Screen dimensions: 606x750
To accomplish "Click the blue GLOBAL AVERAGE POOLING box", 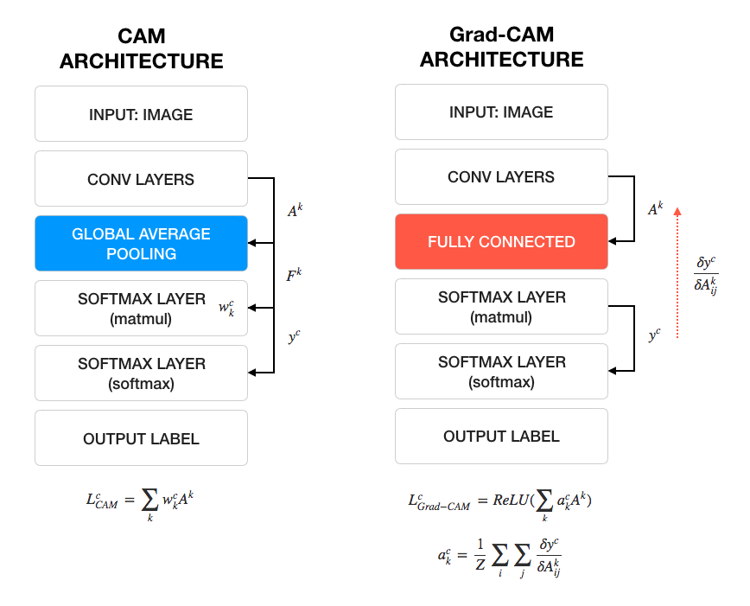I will pos(141,244).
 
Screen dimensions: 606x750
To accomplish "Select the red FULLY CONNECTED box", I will pos(501,242).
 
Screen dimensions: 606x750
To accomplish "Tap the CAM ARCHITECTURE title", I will pos(141,49).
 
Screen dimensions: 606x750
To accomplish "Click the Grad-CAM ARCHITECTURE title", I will pos(501,48).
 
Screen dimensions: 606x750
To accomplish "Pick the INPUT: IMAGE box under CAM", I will pos(141,114).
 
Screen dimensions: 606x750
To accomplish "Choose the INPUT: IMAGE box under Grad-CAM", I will pos(501,112).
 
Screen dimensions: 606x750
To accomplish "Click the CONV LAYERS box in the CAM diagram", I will pos(141,180).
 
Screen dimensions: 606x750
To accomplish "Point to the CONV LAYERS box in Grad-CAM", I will pos(501,177).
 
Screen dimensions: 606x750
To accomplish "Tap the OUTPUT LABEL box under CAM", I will pos(141,438).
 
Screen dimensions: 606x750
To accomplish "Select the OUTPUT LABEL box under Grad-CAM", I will pos(501,437).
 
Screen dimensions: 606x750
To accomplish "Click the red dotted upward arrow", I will pos(677,272).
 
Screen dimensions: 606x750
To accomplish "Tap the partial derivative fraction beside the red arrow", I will pos(706,276).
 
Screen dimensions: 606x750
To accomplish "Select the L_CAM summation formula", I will pos(141,501).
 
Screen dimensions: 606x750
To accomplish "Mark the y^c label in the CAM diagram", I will pos(294,335).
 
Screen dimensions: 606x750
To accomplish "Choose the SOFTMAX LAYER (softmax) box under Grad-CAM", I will pos(501,372).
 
